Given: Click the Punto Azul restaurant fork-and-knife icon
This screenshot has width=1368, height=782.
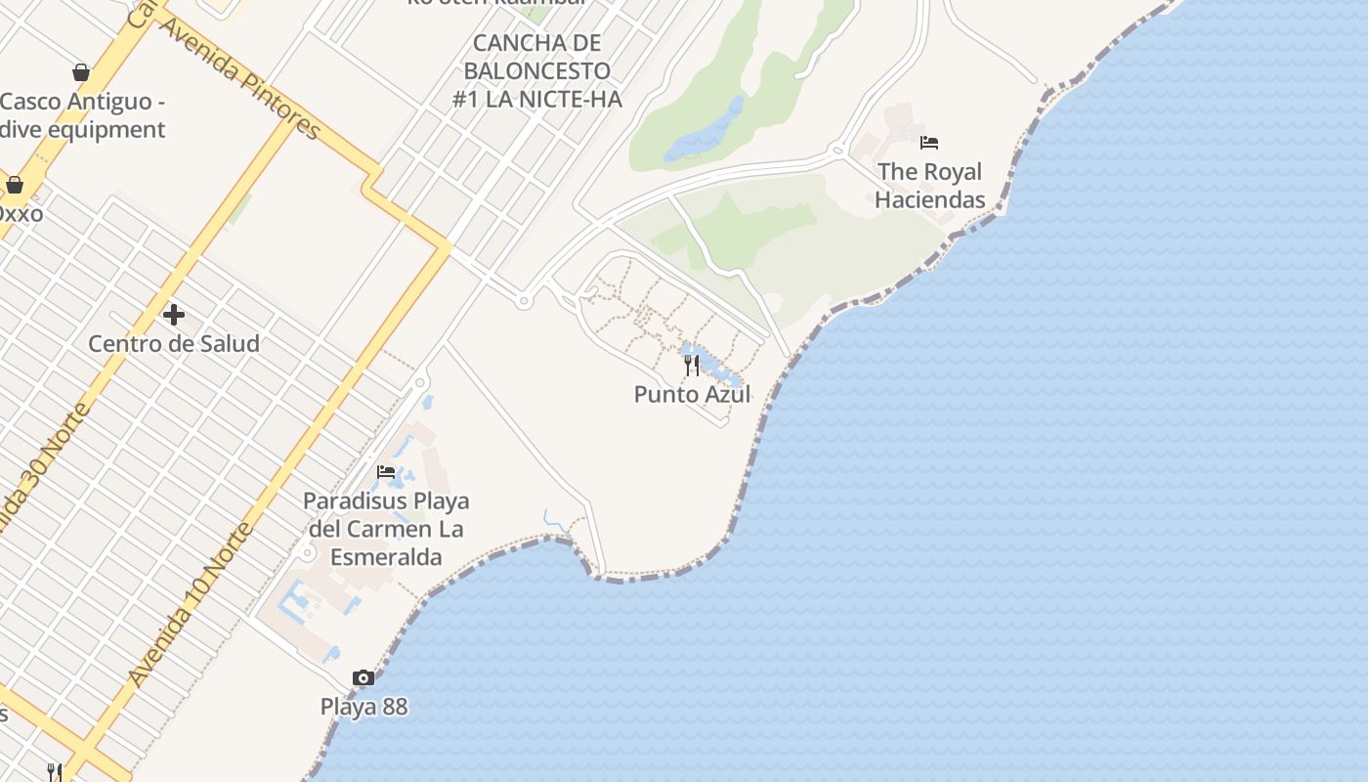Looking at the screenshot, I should click(692, 365).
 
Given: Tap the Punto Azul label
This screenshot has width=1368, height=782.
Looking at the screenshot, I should click(692, 395).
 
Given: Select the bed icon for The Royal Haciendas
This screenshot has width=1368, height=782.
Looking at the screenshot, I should click(929, 143).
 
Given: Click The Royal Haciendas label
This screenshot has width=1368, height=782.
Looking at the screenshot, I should click(929, 186).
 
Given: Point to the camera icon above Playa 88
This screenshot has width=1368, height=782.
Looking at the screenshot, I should click(363, 677).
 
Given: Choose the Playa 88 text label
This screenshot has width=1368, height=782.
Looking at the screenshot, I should click(363, 707).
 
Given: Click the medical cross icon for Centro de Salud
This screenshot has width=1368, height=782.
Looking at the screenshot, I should click(174, 315).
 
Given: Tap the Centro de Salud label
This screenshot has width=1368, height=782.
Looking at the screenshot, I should click(174, 344).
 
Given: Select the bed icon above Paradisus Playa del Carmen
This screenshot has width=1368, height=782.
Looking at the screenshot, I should click(386, 473).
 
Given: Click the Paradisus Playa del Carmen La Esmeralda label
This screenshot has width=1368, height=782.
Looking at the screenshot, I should click(386, 529).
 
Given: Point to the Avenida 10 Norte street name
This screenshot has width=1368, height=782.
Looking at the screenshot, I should click(191, 605).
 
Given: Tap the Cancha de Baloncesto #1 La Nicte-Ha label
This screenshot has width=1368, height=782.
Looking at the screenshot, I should click(536, 71).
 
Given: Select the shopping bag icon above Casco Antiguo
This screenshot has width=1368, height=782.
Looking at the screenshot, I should click(81, 72).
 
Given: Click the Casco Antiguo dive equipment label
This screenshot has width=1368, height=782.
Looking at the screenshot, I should click(83, 115).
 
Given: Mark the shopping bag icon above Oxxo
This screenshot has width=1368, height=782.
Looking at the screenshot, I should click(15, 185).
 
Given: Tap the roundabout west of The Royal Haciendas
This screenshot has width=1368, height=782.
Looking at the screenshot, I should click(836, 152).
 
